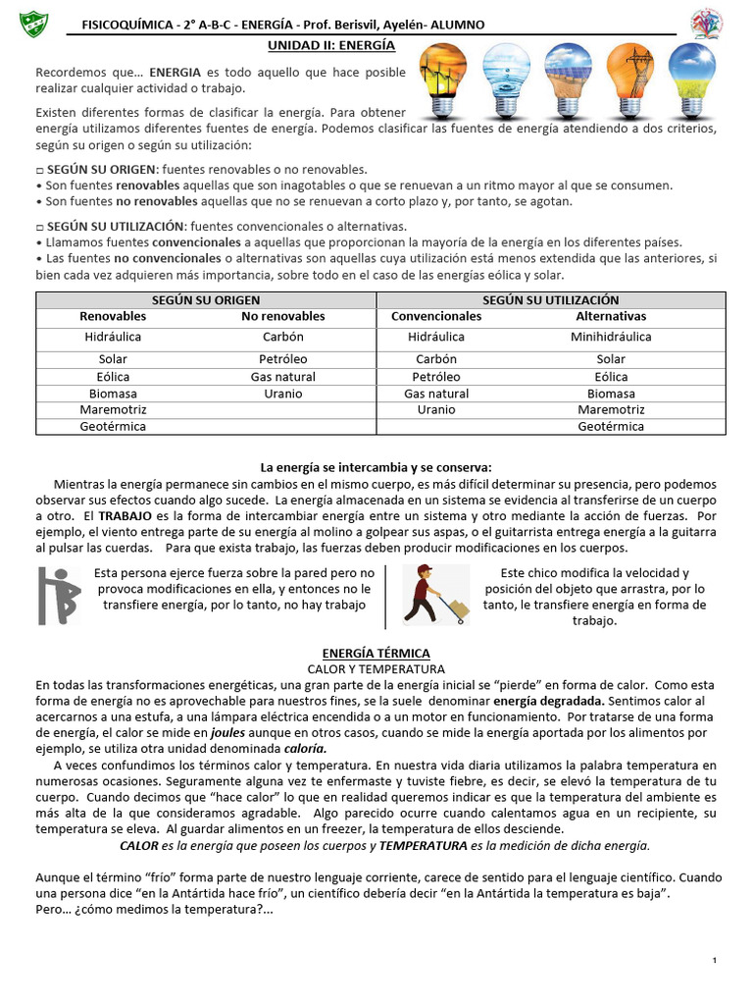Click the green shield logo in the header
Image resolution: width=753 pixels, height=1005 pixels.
coord(32,21)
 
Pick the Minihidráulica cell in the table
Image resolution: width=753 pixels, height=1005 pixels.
coord(611,337)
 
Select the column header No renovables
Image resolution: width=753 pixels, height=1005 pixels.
coord(283,316)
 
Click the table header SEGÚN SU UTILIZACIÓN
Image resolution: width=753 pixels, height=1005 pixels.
coord(551,299)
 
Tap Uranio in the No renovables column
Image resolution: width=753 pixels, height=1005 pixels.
coord(283,394)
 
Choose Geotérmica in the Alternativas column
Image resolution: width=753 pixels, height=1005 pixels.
coord(611,427)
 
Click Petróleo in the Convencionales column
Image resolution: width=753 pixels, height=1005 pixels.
coord(436,377)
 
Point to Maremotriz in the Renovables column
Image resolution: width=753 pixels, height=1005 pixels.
coord(113,409)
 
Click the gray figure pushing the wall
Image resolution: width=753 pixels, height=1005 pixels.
coord(60,596)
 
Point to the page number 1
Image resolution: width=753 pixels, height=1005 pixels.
coord(716,959)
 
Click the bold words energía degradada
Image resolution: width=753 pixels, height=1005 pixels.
coord(549,701)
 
